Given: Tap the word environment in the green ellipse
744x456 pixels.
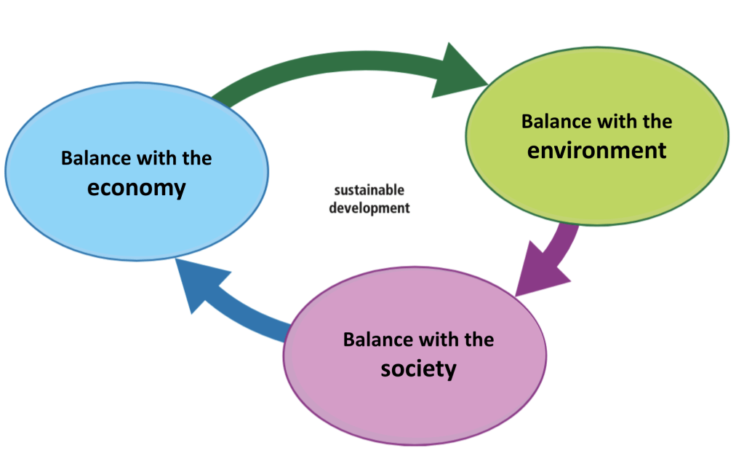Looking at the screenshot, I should [596, 150].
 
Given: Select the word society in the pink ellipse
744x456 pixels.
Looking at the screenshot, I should [418, 369].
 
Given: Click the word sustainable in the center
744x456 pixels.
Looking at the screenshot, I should [369, 191].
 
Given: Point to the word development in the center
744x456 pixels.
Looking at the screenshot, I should [369, 208].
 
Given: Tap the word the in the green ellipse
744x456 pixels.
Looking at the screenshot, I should [655, 121].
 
